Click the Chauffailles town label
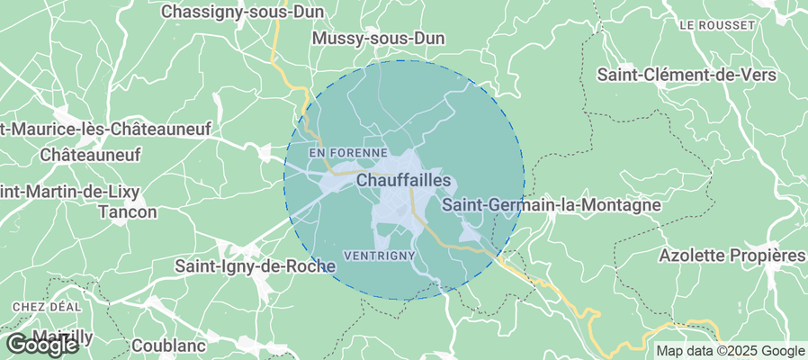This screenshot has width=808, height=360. pos(404,181)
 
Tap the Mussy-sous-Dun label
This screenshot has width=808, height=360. pos(378,39)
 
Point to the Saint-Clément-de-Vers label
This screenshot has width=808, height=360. pos(687,76)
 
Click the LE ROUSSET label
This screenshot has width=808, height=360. pos(714,24)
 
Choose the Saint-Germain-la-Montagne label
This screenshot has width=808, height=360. pos(552,205)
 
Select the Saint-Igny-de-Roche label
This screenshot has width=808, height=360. pos(255,266)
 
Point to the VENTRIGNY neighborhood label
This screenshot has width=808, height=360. pos(379,255)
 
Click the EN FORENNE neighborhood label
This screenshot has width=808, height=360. pos(347,154)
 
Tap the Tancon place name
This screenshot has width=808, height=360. pos(127,212)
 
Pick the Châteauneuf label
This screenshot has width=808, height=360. pos(91,155)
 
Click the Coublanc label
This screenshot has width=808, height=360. pos(168,345)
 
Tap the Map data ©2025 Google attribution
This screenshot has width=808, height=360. pos(730,351)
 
